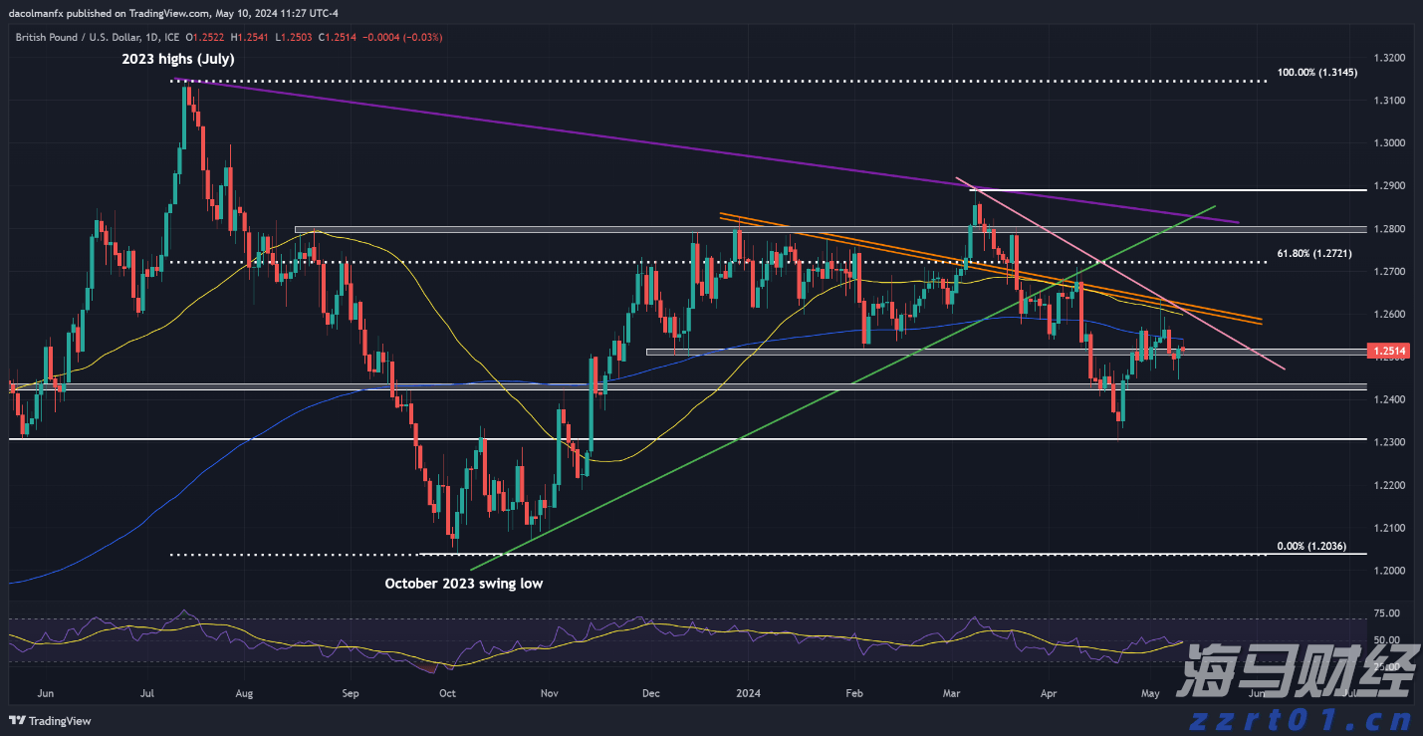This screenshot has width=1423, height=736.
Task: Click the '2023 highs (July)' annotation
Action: coord(177,60)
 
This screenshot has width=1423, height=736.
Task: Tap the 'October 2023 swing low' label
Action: coord(463,584)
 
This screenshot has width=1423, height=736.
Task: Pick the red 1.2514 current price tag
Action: coord(1388,351)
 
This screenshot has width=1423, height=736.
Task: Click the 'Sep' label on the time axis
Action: coord(350,692)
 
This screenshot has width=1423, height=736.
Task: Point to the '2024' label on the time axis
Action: coord(747,692)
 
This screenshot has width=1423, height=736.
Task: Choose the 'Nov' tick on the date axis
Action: coord(549,692)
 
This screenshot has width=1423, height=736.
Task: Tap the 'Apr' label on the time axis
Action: coord(1049,692)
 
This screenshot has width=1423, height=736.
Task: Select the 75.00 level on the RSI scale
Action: coord(1385,613)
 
